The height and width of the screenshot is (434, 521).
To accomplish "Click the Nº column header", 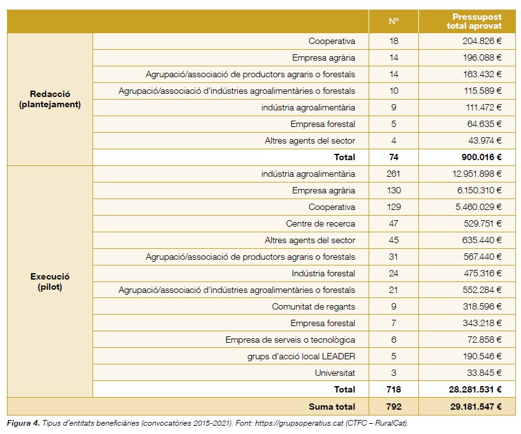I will pos(393,21).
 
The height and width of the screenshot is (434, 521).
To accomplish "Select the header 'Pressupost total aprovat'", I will pos(476,21).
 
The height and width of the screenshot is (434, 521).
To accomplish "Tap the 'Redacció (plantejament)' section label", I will pos(50,99).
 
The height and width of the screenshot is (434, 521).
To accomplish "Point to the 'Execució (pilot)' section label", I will pos(50,281).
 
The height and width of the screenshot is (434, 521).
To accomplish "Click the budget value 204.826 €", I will pos(482,41).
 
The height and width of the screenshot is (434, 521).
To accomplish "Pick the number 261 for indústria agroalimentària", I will pos(393,174).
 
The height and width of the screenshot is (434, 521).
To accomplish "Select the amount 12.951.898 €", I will pos(476,174).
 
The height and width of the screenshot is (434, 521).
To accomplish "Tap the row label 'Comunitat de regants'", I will pos(313,306).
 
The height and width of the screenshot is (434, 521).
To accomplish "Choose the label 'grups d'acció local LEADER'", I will pos(301,356).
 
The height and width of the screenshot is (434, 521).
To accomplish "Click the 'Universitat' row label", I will pos(335,373).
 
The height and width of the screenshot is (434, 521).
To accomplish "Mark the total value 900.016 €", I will pos(481,157).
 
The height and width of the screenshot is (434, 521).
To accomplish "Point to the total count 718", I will pos(393,389).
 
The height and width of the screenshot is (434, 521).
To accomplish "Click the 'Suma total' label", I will pos(332,406).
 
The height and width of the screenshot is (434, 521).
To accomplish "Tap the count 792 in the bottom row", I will pos(393,406).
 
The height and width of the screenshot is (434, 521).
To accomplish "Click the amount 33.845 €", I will pos(484,373).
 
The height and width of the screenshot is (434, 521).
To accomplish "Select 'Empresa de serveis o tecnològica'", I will pos(290,340).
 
